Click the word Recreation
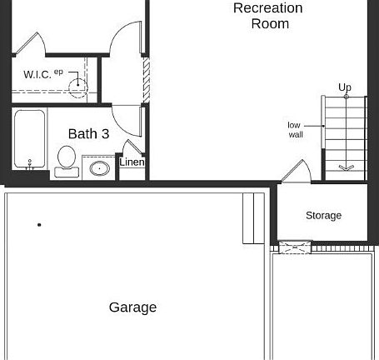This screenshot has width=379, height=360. tap(267, 8)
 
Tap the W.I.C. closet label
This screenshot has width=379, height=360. tap(37, 75)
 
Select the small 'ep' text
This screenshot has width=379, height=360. tap(58, 72)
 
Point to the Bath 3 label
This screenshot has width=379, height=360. tap(88, 133)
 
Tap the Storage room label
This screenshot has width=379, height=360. tap(323, 215)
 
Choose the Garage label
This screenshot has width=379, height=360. tap(132, 307)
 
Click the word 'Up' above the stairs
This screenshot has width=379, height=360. tap(345, 87)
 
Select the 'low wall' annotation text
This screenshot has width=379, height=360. tap(295, 130)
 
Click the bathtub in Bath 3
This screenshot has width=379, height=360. tap(30, 140)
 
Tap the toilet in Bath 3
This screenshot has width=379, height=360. tap(66, 159)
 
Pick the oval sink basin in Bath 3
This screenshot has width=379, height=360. tap(99, 168)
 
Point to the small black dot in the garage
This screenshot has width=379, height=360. tap(39, 225)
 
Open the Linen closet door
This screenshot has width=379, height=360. tap(132, 148)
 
